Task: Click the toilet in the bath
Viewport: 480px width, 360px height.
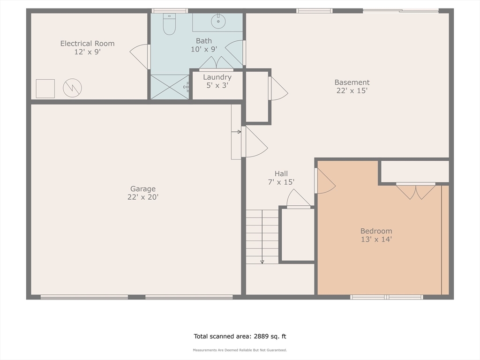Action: point(169,24)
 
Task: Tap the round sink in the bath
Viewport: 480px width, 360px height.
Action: point(218,21)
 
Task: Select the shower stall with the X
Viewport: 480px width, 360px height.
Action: point(170,87)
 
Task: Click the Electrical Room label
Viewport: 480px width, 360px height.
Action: point(88,44)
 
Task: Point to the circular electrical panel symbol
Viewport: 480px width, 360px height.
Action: point(72,88)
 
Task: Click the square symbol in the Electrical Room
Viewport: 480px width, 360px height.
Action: point(45,89)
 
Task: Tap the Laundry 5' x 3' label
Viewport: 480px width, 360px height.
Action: point(217,81)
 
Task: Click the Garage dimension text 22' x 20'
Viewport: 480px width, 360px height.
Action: point(143,197)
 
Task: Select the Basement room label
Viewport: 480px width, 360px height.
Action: point(352,82)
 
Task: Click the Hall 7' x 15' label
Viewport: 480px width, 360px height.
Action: point(281,178)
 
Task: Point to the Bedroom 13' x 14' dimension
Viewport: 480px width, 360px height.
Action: point(376,240)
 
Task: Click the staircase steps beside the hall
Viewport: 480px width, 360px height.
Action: point(262,237)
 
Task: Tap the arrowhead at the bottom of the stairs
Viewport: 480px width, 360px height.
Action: point(262,262)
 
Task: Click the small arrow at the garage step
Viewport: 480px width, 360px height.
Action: point(236,132)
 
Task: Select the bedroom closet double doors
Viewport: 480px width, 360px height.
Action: point(416,191)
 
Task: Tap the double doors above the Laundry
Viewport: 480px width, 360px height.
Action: point(217,63)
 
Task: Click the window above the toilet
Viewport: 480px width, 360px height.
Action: point(170,11)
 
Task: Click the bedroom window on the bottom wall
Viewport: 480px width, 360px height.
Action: point(387,297)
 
